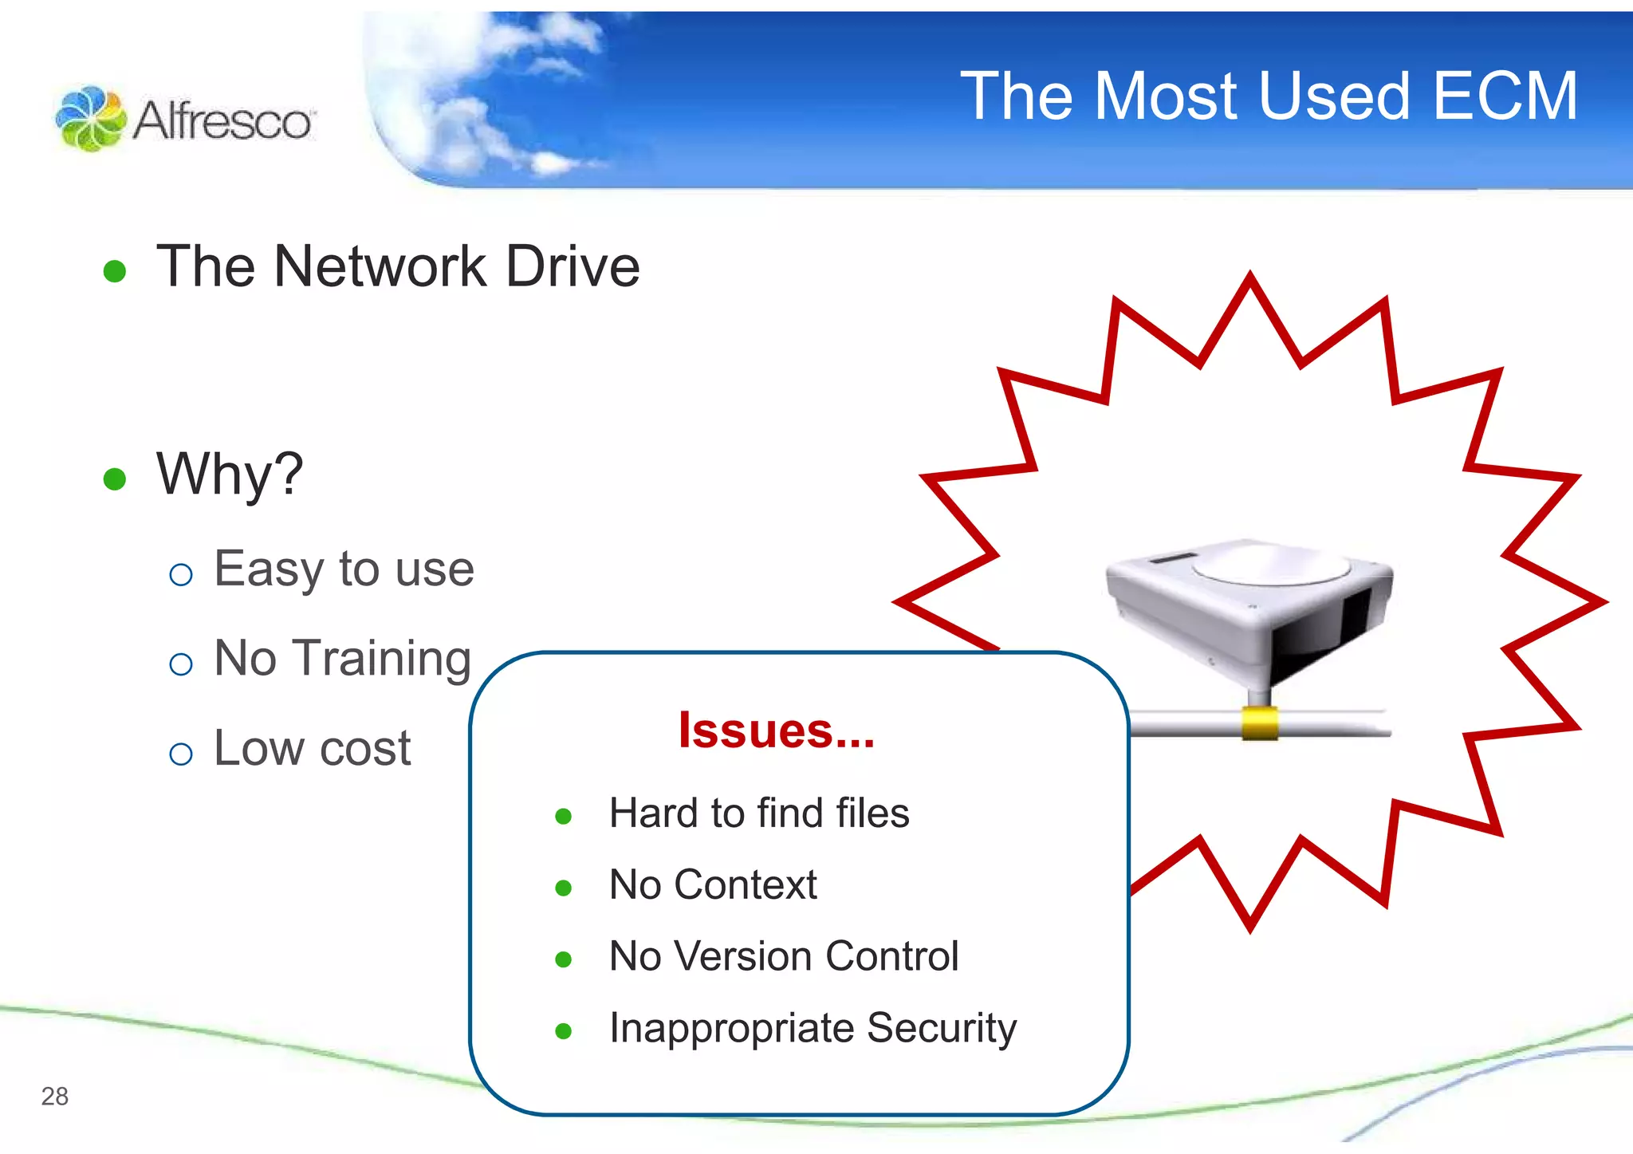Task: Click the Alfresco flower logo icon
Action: [90, 119]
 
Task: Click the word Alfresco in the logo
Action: [222, 121]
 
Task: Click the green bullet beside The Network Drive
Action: [115, 271]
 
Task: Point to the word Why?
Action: [230, 474]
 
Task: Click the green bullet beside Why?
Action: [115, 479]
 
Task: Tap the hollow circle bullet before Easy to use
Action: [181, 574]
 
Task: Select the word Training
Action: [384, 660]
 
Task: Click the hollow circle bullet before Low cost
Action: [181, 754]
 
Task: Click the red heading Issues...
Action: [775, 730]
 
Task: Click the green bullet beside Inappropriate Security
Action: [564, 1031]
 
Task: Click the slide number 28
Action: [55, 1097]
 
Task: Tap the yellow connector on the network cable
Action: [1259, 723]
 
